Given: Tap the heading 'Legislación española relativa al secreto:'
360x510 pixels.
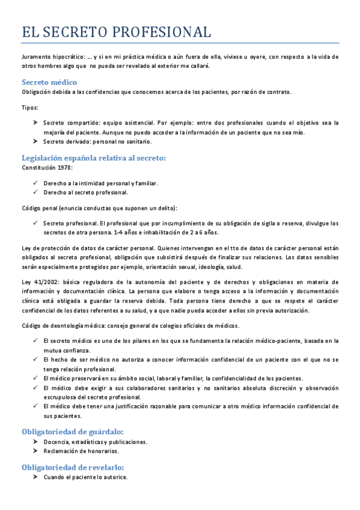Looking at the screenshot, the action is (94, 158).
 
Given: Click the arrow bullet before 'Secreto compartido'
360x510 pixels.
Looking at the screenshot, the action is (36, 122).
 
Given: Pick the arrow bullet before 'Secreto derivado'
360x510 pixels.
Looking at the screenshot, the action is (36, 141).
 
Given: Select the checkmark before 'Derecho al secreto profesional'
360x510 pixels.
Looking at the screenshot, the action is (36, 192).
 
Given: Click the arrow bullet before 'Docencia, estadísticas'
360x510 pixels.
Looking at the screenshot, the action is (36, 441).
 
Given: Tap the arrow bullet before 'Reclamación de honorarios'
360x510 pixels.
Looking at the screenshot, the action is (36, 451).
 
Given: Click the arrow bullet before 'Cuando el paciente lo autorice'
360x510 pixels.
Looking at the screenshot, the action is (36, 477).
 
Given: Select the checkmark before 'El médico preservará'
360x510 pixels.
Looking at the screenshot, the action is (36, 378).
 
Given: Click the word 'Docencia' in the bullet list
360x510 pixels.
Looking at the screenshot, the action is (55, 441).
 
